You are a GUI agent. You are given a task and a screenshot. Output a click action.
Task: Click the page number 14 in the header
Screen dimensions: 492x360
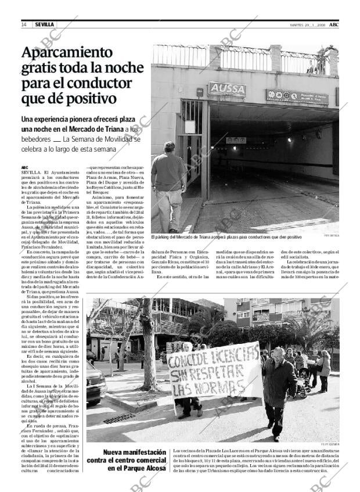[x=24, y=25]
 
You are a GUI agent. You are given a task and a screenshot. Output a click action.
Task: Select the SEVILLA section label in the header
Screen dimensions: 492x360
[x=44, y=25]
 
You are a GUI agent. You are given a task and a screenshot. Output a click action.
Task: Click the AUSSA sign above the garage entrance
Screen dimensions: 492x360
[x=227, y=89]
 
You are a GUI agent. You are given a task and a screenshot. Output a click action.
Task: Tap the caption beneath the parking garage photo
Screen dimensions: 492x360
[x=226, y=237]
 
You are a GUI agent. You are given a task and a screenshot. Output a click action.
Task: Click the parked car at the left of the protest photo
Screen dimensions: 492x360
[x=95, y=382]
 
